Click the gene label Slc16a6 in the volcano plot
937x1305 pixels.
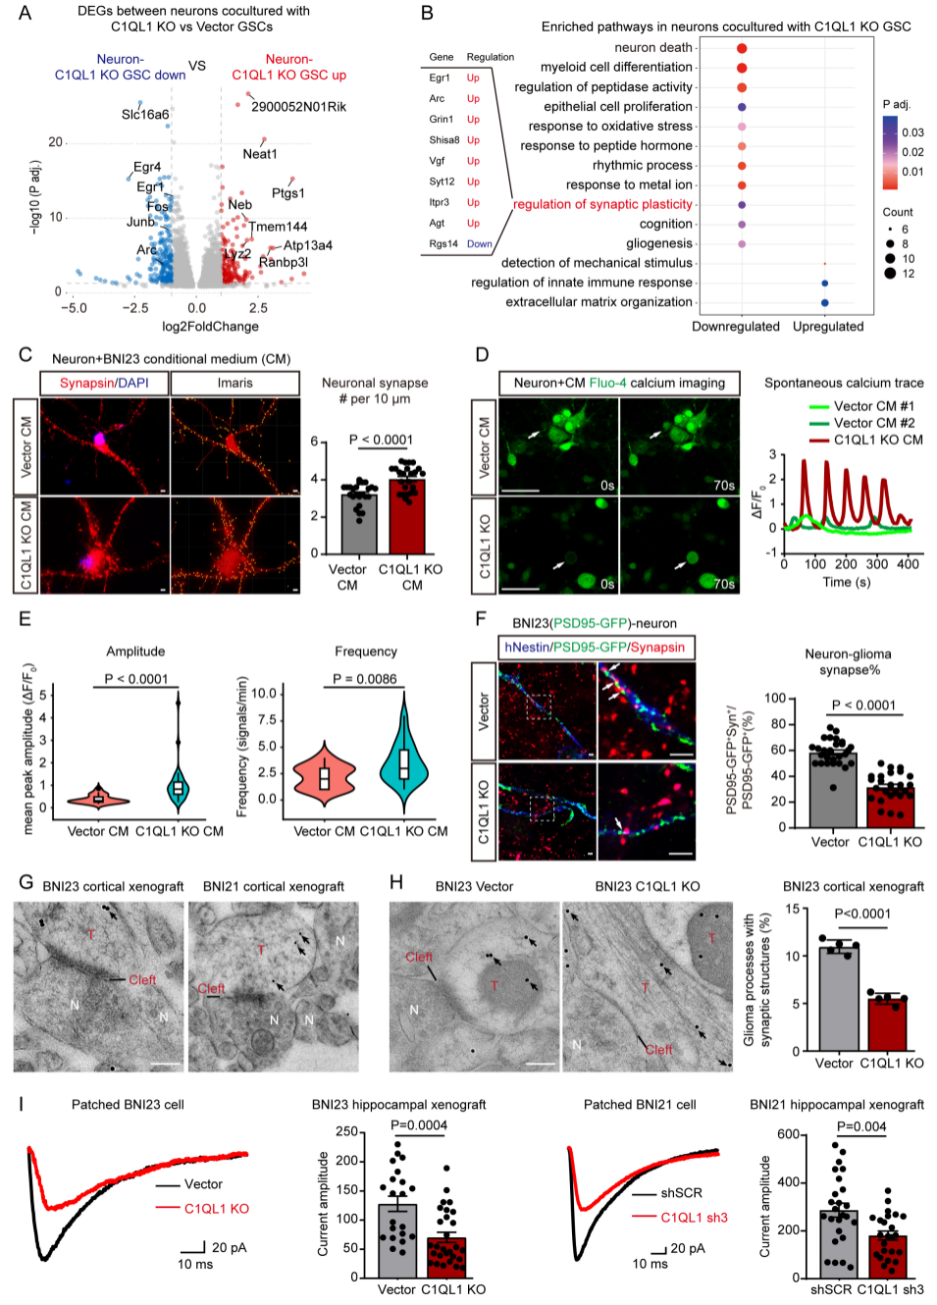(x=145, y=115)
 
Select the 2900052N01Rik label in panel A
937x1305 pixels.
(x=298, y=107)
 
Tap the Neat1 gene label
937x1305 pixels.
(x=260, y=154)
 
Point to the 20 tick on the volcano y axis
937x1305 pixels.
(x=56, y=142)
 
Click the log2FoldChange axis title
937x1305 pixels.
(x=210, y=327)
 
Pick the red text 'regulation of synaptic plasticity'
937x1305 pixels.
(x=602, y=204)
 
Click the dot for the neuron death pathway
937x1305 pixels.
(x=742, y=48)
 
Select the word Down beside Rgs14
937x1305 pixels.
(x=480, y=244)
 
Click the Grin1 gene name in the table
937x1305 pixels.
(x=442, y=120)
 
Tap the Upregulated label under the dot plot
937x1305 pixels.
(x=828, y=327)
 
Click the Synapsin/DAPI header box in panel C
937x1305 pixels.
(x=104, y=383)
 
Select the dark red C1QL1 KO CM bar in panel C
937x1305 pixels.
(x=407, y=517)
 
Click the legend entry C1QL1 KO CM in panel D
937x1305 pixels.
(x=878, y=440)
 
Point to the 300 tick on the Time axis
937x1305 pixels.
(x=877, y=564)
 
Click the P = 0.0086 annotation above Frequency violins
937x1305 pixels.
(x=365, y=679)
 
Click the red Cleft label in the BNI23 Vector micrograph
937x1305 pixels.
(x=419, y=957)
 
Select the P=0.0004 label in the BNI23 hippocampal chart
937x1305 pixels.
(x=419, y=1125)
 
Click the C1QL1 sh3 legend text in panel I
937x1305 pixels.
(x=694, y=1218)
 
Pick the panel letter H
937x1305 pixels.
(x=396, y=882)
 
